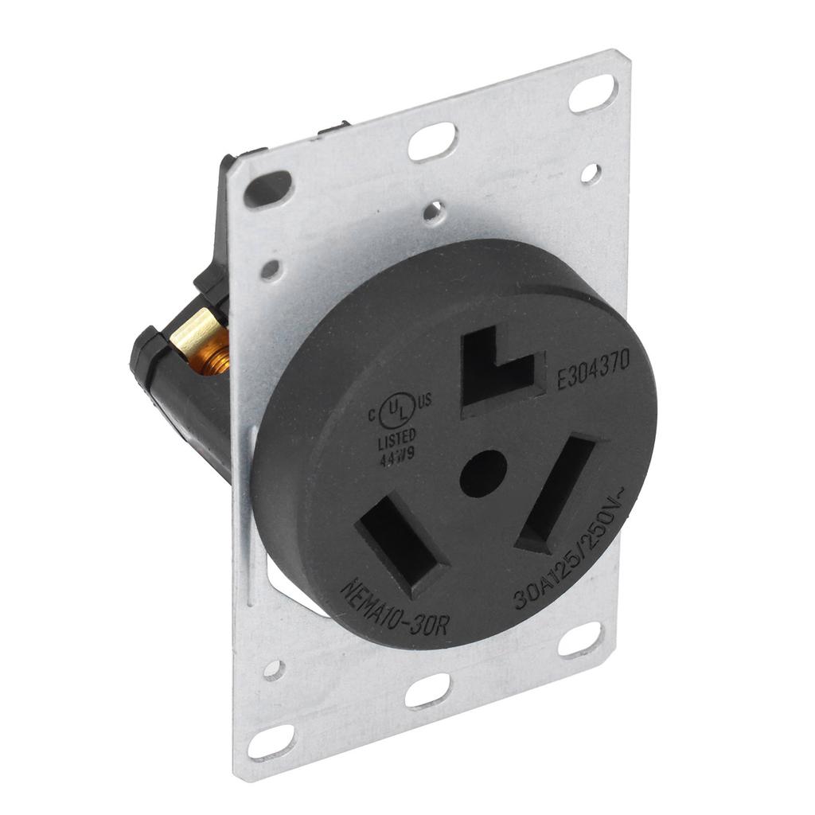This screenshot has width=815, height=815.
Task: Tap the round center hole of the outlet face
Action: point(483,474)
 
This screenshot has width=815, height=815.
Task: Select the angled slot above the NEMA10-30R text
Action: point(401,544)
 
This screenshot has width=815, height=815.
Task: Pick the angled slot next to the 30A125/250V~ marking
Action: point(556,493)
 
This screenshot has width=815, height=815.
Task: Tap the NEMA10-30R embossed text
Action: point(396,609)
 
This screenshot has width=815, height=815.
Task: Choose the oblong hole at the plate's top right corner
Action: point(593,94)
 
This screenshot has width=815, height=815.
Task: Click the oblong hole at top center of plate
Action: point(431,142)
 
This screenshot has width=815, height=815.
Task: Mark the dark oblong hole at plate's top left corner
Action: point(267,189)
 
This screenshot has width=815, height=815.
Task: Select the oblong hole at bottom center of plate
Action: point(427,690)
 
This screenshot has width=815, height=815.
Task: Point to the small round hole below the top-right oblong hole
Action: point(591,173)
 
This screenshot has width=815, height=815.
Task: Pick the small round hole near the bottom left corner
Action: point(273,670)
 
